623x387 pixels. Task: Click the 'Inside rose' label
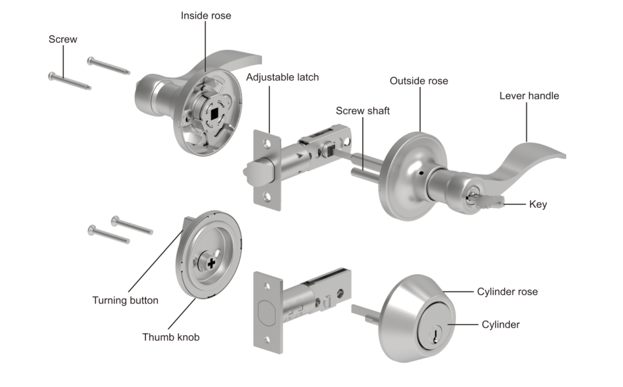coord(206,16)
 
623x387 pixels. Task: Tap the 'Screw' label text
coord(63,39)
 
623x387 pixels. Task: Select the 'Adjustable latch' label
coord(282,77)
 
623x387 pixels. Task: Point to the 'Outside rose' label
coord(419,81)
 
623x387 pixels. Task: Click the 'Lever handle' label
coord(529,96)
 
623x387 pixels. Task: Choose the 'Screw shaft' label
coord(362,111)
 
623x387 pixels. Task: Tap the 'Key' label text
coord(538,205)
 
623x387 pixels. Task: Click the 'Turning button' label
coord(125,300)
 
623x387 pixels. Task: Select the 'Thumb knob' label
coord(171,337)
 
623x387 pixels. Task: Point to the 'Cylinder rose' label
coord(507,292)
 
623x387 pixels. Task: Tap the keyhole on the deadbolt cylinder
coord(435,334)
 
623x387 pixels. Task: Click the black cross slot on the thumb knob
coord(211,263)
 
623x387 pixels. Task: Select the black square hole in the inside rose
coord(214,113)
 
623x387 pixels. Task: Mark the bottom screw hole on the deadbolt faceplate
coord(267,340)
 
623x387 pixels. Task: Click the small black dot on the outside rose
coord(421,174)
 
